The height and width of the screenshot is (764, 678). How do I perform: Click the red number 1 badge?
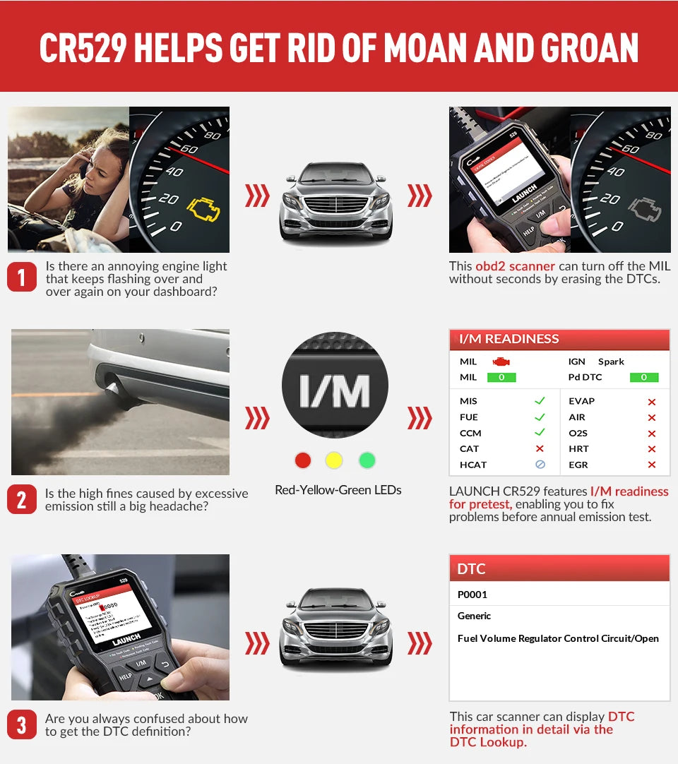21,277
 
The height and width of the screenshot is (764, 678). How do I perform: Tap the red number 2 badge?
21,500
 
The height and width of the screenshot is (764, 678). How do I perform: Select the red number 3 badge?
21,724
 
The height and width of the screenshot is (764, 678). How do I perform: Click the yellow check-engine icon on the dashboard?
203,208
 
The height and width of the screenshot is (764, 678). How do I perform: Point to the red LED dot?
302,460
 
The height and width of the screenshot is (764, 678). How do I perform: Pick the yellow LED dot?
334,460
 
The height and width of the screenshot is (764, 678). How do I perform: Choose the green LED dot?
367,460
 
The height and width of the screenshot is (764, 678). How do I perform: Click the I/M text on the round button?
334,390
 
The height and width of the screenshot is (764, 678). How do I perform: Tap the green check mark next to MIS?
540,400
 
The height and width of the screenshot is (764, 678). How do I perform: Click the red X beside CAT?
540,448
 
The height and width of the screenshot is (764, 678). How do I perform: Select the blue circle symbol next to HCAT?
540,465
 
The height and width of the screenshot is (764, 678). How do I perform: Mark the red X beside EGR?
651,465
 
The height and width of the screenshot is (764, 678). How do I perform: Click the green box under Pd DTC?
643,377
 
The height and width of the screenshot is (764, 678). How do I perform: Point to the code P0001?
472,595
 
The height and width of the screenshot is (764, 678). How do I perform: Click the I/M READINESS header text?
509,339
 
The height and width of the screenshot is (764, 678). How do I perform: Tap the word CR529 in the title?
82,48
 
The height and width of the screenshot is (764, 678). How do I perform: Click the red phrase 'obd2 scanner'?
515,266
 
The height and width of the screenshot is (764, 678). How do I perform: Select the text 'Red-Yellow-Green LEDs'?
338,490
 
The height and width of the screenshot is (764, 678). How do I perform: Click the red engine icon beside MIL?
501,362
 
